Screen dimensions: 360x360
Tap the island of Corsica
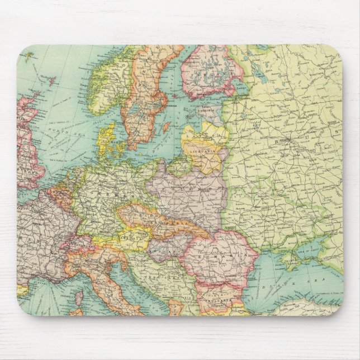78,296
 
